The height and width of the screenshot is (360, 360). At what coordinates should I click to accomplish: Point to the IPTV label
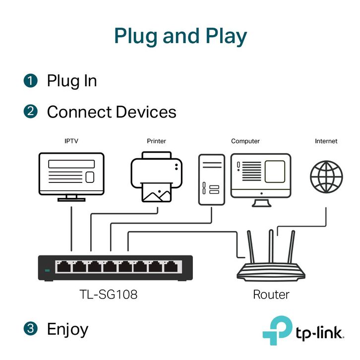click(71, 141)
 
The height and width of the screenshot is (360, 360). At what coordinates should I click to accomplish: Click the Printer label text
click(157, 141)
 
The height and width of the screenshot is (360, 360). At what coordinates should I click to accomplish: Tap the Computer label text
click(245, 141)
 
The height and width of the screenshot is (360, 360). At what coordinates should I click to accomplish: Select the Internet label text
click(326, 141)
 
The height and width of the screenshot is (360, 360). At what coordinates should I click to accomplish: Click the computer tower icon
click(212, 180)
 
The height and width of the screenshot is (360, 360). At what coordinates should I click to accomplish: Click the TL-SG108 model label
click(109, 295)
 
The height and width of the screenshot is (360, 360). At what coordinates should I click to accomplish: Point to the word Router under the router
click(271, 295)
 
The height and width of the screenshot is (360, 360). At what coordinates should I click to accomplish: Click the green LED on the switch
click(48, 270)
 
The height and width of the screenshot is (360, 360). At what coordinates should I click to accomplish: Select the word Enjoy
click(67, 329)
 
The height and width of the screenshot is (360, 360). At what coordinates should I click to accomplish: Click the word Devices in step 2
click(145, 112)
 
